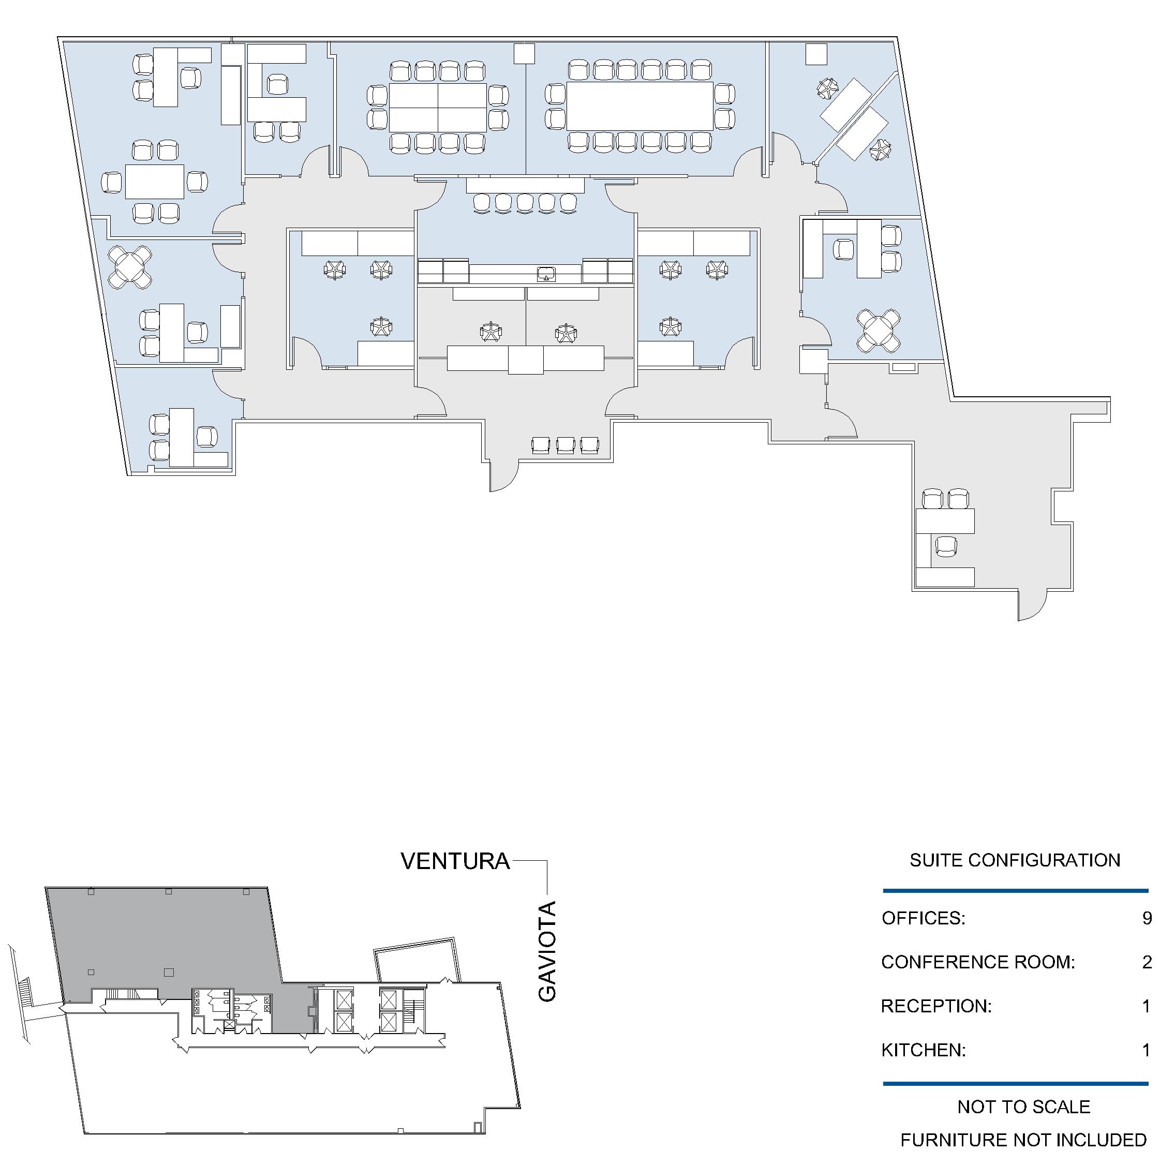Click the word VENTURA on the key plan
(455, 861)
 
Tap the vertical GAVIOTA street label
(547, 951)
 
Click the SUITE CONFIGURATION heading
(1015, 859)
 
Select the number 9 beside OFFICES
(1147, 918)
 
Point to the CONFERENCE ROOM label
(978, 962)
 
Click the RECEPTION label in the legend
(936, 1006)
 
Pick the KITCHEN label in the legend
(924, 1050)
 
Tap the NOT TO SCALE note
(1023, 1107)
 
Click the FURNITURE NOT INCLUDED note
(1023, 1140)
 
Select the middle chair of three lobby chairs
(566, 445)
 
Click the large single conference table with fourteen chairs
(640, 106)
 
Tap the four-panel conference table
(438, 108)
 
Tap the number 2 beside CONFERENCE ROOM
(1147, 962)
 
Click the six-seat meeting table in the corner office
(155, 181)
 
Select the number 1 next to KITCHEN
(1147, 1050)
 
